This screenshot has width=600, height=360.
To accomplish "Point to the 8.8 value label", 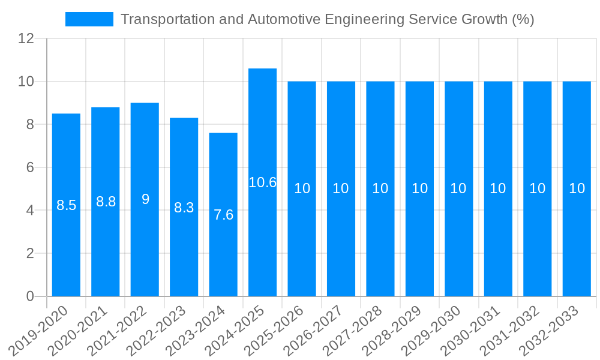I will click(x=106, y=202).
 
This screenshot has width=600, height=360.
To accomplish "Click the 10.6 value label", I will click(x=262, y=182).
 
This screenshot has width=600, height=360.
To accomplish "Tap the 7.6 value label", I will click(x=223, y=215).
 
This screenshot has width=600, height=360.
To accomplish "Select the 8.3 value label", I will click(x=184, y=208).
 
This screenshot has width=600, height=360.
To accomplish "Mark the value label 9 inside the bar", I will click(x=145, y=199).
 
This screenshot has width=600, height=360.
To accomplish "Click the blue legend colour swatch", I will click(x=89, y=19).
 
